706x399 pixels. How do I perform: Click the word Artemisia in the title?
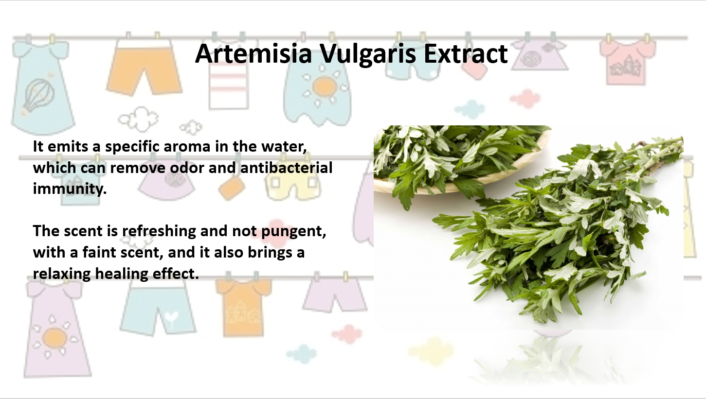pyautogui.click(x=253, y=53)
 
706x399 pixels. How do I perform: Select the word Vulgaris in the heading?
pyautogui.click(x=368, y=54)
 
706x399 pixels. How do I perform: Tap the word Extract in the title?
pyautogui.click(x=466, y=53)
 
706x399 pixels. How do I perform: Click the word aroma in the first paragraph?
pyautogui.click(x=187, y=147)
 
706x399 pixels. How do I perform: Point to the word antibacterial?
pyautogui.click(x=286, y=168)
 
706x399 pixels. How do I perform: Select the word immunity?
pyautogui.click(x=70, y=189)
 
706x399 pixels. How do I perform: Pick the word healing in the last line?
pyautogui.click(x=122, y=274)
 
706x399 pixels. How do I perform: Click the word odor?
pyautogui.click(x=187, y=168)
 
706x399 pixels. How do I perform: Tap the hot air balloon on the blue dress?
pyautogui.click(x=38, y=96)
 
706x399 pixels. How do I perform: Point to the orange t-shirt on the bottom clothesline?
pyautogui.click(x=243, y=307)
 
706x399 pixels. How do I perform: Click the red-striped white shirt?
pyautogui.click(x=229, y=84)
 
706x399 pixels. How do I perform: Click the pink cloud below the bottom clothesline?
pyautogui.click(x=347, y=334)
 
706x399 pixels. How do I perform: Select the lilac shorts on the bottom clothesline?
pyautogui.click(x=335, y=295)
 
